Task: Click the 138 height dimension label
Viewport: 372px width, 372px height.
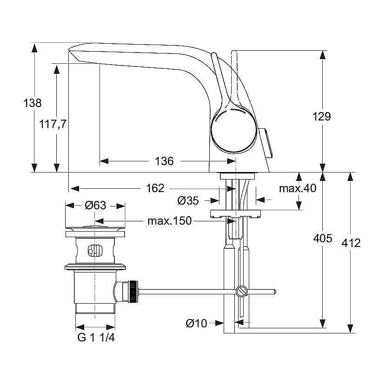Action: pos(33,103)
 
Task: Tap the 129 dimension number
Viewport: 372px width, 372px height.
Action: pos(321,116)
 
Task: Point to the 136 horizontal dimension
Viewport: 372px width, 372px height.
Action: pos(164,161)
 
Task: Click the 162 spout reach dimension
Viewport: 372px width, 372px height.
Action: pos(155,188)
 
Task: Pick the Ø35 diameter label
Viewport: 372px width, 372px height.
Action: pos(188,200)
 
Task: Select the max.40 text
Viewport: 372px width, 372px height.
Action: pos(297,188)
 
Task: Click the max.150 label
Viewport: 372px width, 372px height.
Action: pos(169,221)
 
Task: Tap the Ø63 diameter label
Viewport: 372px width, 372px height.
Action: pos(95,205)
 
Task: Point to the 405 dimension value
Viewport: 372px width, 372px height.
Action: pos(323,239)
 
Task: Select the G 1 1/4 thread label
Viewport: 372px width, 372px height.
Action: pos(96,338)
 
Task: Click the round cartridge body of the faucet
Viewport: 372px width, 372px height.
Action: pos(233,129)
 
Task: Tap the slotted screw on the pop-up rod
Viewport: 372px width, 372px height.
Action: pos(240,292)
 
